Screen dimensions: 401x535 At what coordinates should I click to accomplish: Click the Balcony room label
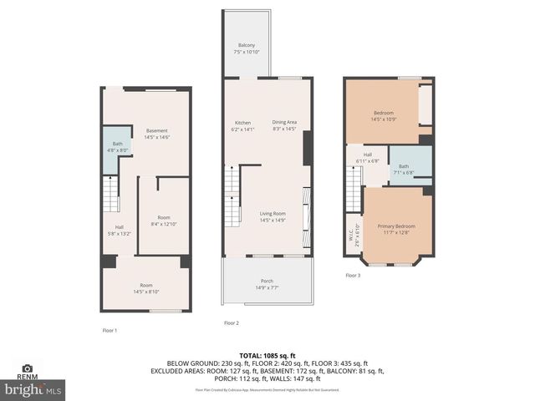coord(246,48)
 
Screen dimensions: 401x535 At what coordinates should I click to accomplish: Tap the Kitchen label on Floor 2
coord(242,125)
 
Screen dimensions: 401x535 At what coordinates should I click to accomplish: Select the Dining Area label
coord(284,125)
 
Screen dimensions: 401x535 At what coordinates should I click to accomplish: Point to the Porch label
coord(267,283)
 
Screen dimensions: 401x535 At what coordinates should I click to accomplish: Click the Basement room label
coord(156,134)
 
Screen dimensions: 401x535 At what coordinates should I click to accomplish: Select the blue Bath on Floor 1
coord(117,147)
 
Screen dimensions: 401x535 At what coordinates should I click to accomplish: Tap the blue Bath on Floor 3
coord(404,169)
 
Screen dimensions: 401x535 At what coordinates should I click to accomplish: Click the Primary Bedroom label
coord(396,230)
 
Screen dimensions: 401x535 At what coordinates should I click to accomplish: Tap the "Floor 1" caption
coord(109,331)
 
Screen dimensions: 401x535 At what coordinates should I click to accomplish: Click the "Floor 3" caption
coord(353,275)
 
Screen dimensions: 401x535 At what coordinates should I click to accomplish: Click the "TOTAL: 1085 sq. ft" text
coord(267,354)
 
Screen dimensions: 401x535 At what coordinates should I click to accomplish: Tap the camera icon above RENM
coord(27,368)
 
